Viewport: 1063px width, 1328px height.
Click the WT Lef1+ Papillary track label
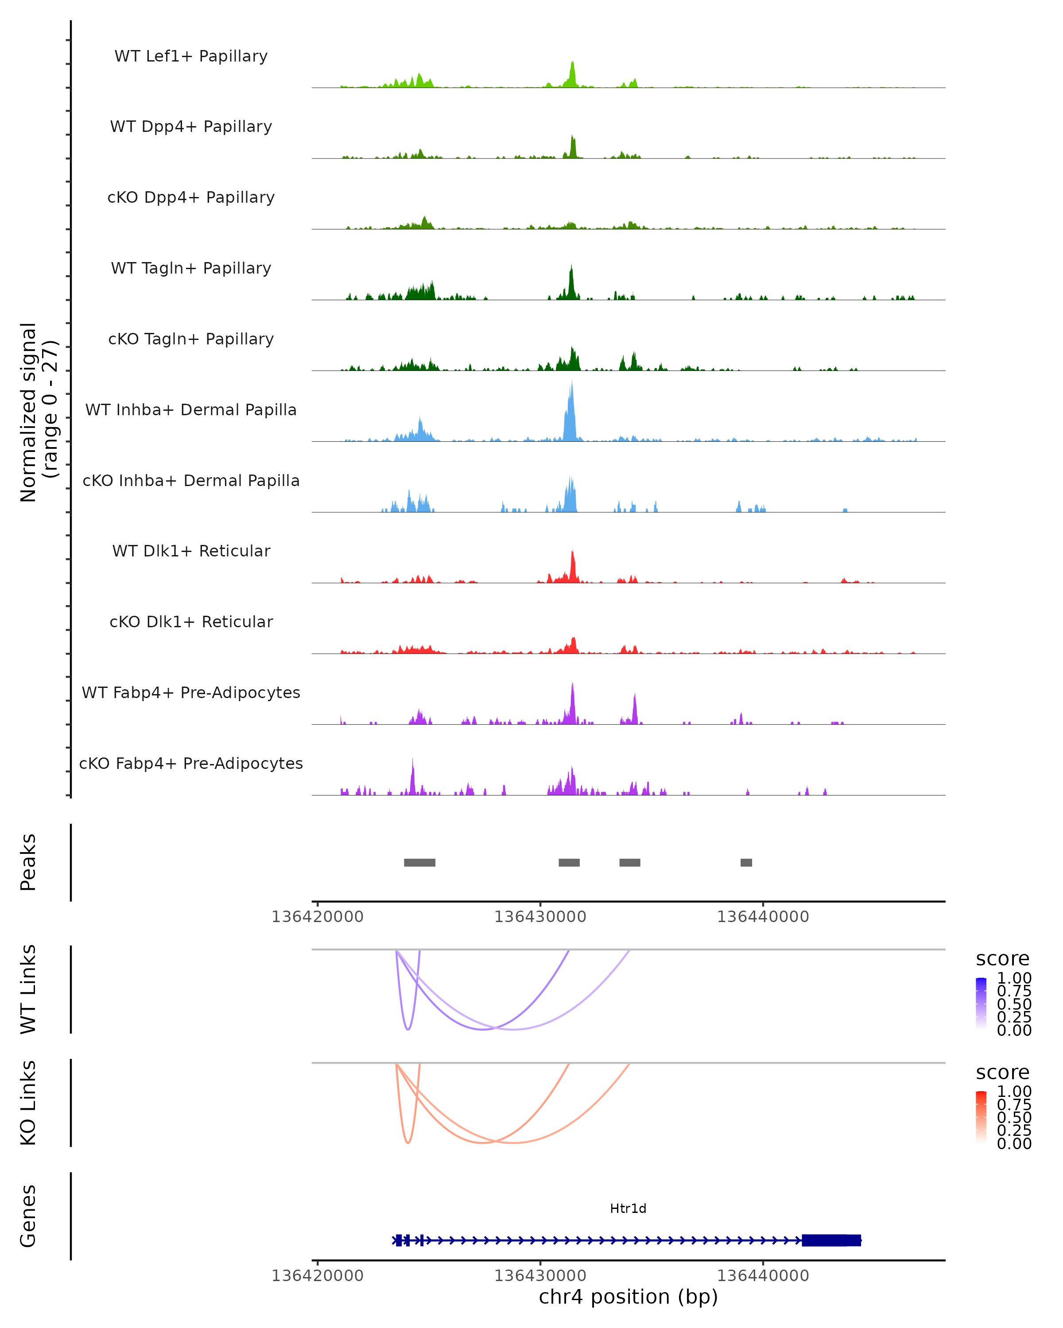pyautogui.click(x=191, y=56)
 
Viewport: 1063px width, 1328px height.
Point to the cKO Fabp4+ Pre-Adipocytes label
pyautogui.click(x=191, y=763)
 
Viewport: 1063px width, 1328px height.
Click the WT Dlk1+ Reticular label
pyautogui.click(x=191, y=551)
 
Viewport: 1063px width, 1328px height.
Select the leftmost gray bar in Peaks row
pyautogui.click(x=419, y=862)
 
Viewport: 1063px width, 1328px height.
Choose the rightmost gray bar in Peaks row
pyautogui.click(x=746, y=862)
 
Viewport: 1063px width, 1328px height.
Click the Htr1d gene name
pyautogui.click(x=628, y=1208)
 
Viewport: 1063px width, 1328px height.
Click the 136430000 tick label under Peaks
pyautogui.click(x=540, y=917)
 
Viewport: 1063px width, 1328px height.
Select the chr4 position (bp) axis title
pyautogui.click(x=628, y=1297)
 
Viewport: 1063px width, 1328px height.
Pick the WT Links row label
pyautogui.click(x=28, y=989)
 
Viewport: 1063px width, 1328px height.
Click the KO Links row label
pyautogui.click(x=28, y=1103)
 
